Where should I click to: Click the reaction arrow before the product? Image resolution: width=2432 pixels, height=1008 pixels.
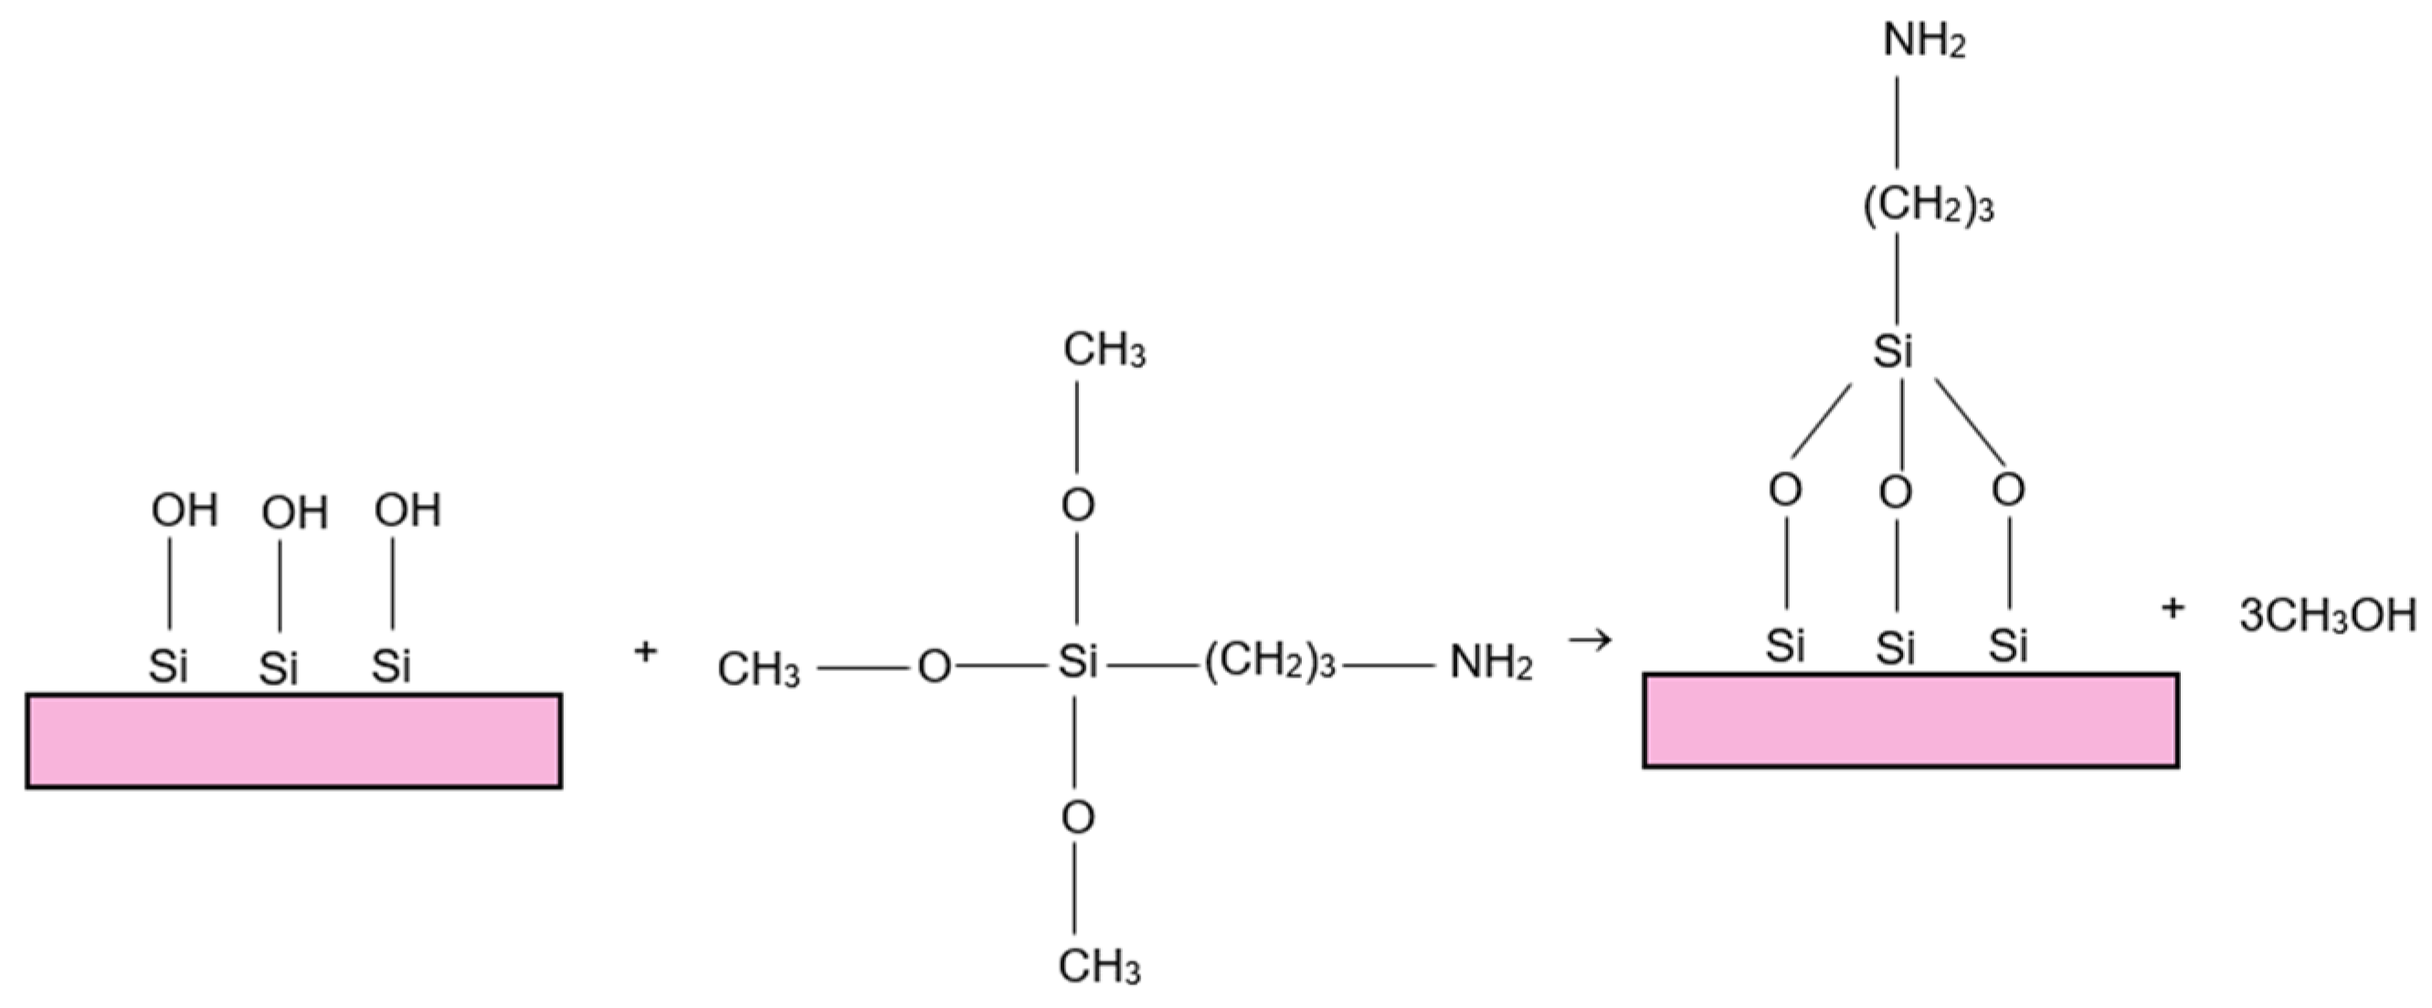pos(1590,641)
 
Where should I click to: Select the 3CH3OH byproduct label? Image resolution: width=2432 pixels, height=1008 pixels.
pos(2327,616)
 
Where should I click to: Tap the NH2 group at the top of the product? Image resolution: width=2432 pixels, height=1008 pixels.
pos(1923,40)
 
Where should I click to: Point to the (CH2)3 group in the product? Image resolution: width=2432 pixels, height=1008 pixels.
pos(1928,206)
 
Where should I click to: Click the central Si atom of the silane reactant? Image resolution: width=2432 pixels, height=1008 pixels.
pos(1077,662)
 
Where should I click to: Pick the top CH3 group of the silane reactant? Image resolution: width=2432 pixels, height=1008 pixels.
pos(1104,351)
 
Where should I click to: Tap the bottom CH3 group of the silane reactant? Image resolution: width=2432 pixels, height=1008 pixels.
pos(1099,965)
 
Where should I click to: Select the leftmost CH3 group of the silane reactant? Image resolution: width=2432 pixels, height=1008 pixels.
pos(758,669)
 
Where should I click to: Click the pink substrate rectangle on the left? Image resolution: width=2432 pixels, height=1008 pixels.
pos(293,740)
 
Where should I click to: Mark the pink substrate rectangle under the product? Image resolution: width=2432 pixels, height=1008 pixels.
pos(1910,720)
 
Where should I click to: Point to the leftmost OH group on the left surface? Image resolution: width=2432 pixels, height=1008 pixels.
pos(185,510)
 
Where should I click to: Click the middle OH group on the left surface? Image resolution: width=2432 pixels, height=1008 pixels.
pos(294,513)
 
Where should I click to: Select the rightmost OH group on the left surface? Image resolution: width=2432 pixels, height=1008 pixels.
pos(407,510)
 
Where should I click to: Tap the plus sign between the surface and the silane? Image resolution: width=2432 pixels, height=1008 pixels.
pos(645,651)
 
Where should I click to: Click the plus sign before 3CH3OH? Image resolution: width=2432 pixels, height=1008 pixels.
pos(2173,609)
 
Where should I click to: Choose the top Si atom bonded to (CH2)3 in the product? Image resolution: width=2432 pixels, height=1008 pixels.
pos(1893,352)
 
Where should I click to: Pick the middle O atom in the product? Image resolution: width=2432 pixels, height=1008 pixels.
pos(1895,493)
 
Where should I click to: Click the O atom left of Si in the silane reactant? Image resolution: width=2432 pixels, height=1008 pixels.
pos(934,667)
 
